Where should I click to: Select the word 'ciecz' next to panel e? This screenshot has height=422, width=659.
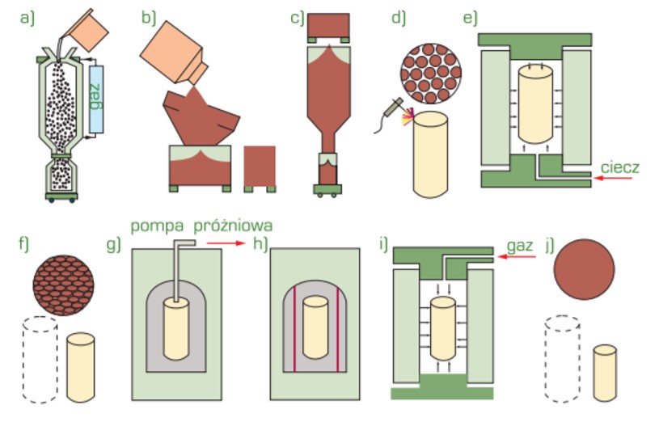pos(621,167)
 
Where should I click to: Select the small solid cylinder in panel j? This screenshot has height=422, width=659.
pos(607,371)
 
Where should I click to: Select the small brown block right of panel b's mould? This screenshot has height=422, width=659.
pos(259,168)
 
